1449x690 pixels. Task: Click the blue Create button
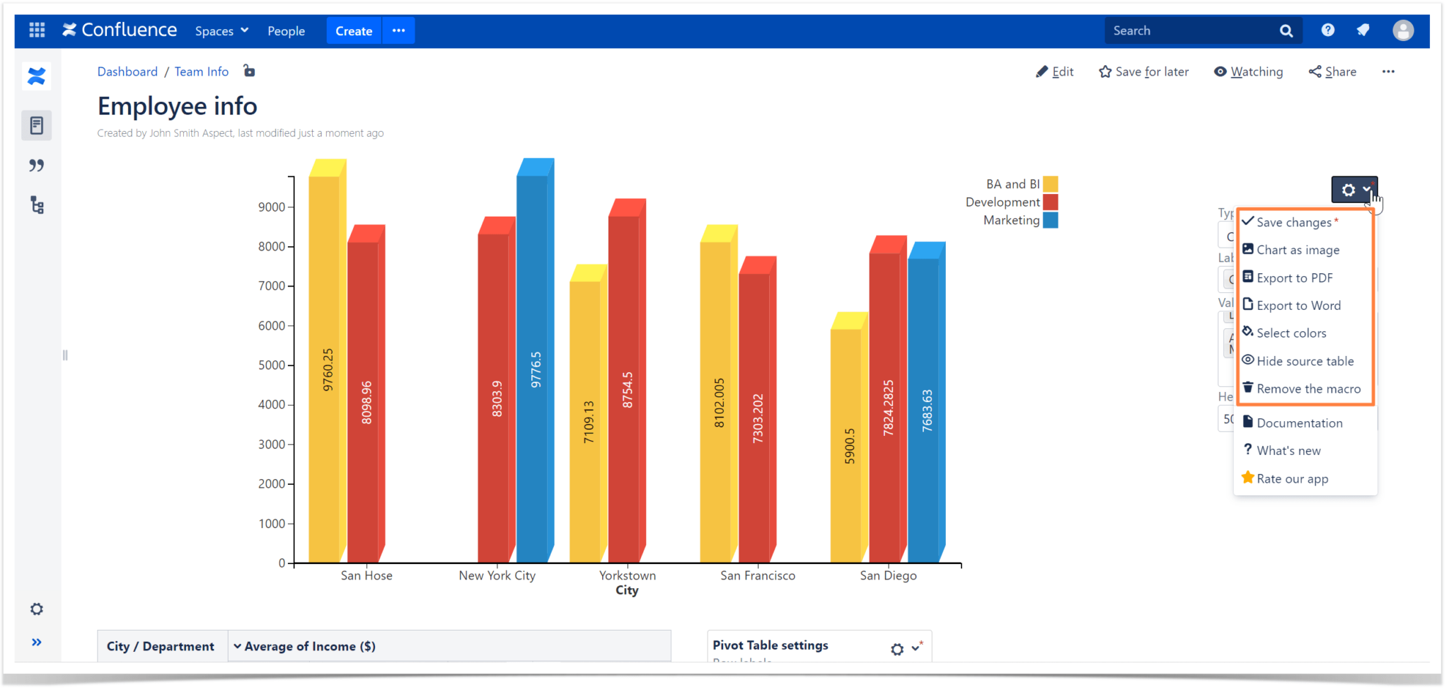coord(354,31)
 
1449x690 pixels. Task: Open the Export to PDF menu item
coord(1294,278)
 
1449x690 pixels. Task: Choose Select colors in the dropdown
coord(1291,333)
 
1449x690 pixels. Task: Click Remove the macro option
coord(1307,389)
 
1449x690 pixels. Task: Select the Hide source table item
coord(1305,361)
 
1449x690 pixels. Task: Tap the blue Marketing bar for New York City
coord(532,368)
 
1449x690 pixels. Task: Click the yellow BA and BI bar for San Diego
coord(846,446)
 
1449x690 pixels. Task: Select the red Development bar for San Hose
coord(363,403)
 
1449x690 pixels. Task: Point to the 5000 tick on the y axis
coord(272,365)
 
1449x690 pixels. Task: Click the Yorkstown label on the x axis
coord(627,575)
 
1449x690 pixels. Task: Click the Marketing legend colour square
coord(1051,221)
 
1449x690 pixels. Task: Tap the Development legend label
coord(1002,202)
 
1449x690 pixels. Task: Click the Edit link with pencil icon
coord(1055,71)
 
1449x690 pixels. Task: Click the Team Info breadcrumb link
coord(202,71)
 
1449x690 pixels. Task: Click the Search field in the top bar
coord(1192,31)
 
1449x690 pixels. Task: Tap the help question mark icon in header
coord(1328,30)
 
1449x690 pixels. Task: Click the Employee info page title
coord(178,106)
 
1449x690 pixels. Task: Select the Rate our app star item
coord(1291,479)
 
